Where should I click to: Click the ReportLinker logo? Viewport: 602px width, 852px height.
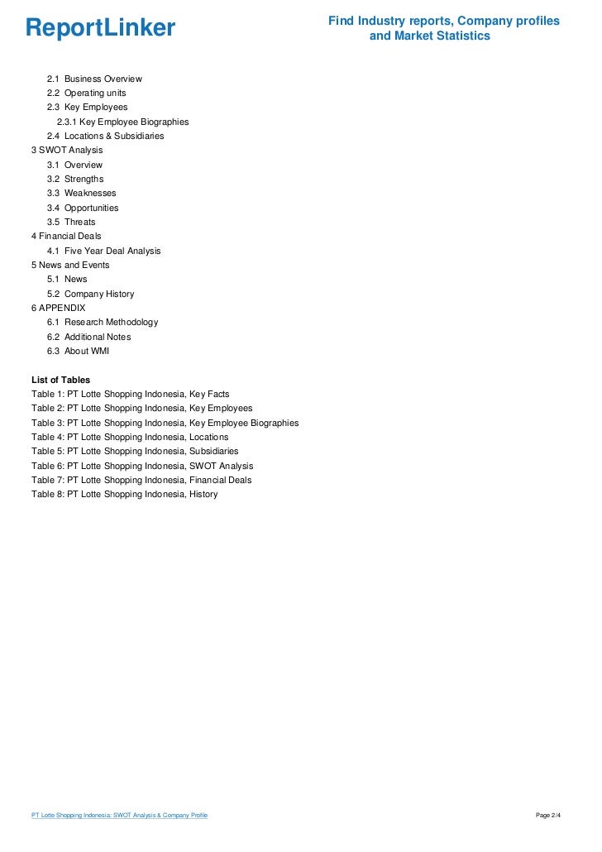coord(100,29)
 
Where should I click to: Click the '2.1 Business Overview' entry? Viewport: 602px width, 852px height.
coord(94,79)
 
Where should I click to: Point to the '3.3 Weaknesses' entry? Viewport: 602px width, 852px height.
coord(81,193)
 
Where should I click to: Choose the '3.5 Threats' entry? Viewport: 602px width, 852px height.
coord(71,222)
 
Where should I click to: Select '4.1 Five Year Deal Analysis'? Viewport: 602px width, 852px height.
coord(103,251)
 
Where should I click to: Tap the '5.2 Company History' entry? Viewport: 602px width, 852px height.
coord(90,294)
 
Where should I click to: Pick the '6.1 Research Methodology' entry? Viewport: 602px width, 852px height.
coord(103,322)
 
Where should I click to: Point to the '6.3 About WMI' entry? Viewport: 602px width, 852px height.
coord(78,351)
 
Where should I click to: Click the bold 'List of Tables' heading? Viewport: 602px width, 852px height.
coord(60,380)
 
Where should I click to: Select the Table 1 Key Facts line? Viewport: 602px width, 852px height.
coord(131,394)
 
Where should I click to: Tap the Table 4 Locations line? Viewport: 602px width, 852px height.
coord(130,437)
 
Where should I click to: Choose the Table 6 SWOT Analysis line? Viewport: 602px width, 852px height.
coord(142,466)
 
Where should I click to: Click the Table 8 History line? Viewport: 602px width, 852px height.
coord(125,494)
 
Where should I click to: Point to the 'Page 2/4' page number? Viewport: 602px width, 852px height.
coord(548,816)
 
